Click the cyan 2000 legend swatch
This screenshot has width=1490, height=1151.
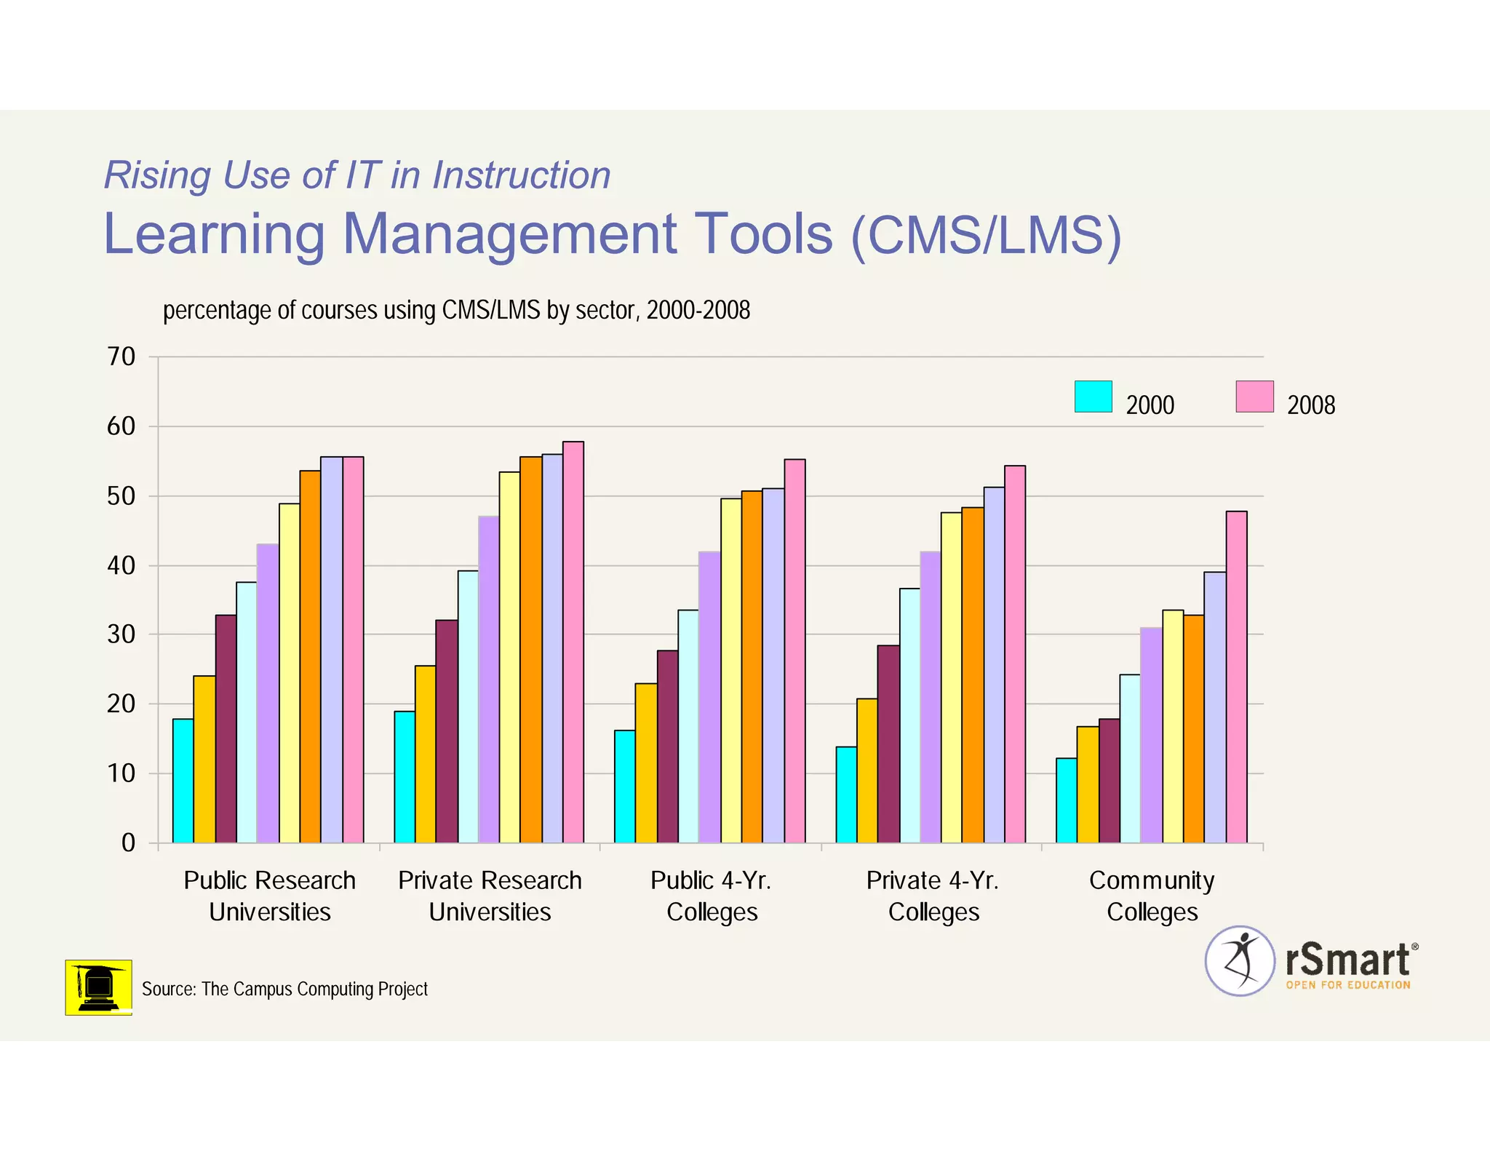coord(1093,397)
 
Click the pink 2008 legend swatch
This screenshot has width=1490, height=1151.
coord(1254,397)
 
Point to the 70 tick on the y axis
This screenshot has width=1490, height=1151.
coord(121,357)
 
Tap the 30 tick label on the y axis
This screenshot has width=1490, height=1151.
coord(121,634)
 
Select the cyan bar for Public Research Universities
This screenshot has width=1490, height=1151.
coord(183,781)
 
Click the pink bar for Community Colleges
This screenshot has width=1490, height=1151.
coord(1236,677)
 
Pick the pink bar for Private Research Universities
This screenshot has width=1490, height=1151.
coord(573,642)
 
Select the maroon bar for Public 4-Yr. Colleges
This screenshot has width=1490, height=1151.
coord(667,746)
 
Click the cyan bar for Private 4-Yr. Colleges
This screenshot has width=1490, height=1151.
coord(846,794)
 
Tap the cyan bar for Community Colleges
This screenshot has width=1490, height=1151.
coord(1067,800)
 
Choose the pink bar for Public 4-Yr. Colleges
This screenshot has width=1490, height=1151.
coord(794,650)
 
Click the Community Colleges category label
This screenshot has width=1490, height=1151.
coord(1152,896)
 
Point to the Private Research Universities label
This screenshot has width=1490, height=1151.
coord(490,896)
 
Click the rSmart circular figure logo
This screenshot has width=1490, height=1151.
coord(1240,960)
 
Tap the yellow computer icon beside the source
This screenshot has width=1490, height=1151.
coord(98,987)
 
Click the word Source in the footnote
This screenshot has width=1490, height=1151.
coord(168,989)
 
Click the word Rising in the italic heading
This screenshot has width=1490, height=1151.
coord(157,175)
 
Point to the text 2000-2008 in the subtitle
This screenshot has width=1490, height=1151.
coord(698,311)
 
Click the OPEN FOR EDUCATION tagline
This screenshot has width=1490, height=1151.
coord(1347,985)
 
